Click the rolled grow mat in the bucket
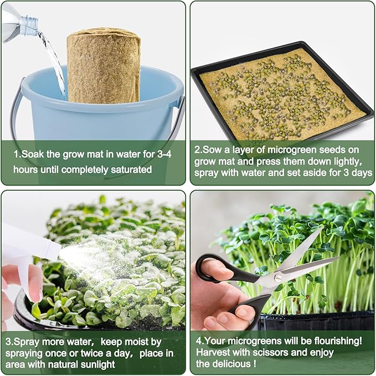click(x=104, y=66)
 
